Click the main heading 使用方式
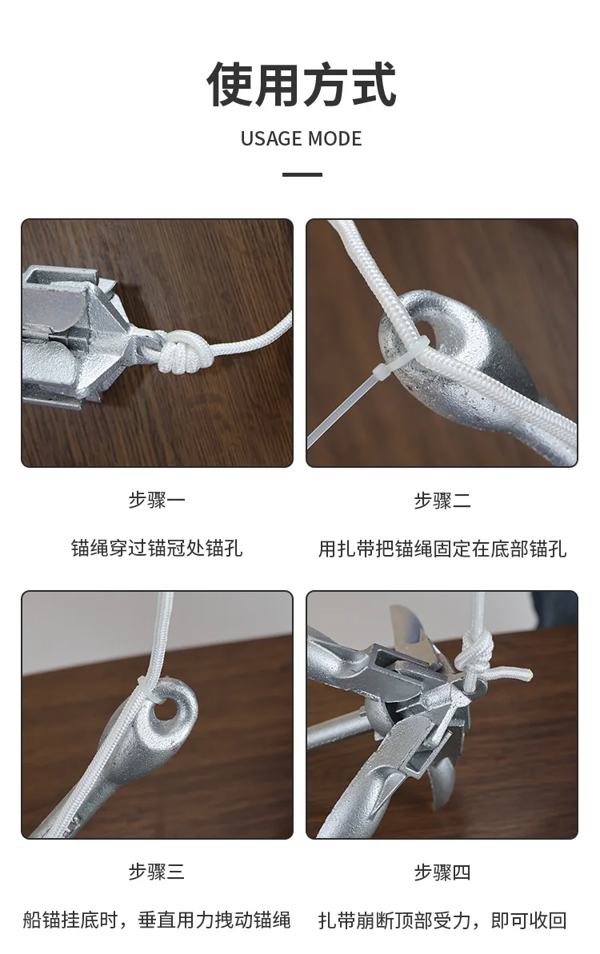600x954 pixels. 301,84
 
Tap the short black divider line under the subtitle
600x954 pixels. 302,174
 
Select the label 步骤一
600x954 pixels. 157,501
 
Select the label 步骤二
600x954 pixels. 442,501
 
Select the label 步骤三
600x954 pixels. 157,872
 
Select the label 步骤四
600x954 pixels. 442,872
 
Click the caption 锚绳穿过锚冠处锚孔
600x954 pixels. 157,549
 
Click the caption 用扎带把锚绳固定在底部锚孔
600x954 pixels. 442,549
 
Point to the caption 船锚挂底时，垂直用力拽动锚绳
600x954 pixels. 157,920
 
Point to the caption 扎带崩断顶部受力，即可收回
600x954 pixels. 442,920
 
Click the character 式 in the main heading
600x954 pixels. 373,84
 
